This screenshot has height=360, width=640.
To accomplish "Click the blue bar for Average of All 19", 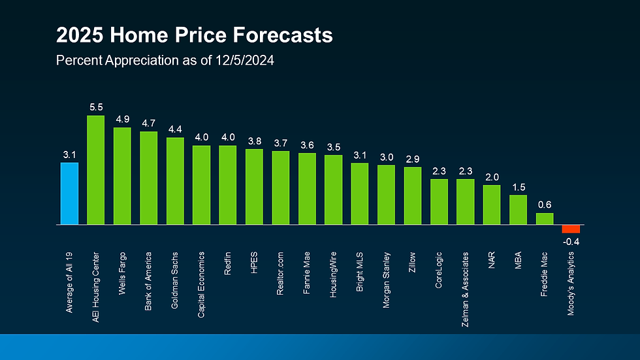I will tap(69, 193).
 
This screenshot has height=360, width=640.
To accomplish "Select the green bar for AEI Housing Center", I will tap(96, 170).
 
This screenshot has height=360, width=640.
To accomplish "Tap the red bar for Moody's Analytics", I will tap(571, 229).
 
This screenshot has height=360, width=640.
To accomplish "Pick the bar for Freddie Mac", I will tap(545, 218).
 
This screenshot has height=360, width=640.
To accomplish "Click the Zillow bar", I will tap(413, 195).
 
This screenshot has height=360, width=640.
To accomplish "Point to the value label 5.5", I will tap(96, 105).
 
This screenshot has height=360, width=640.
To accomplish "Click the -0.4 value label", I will tap(571, 242).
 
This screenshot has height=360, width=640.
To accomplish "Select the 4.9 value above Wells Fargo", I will tap(122, 119).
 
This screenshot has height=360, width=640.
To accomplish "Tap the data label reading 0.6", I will tap(545, 204).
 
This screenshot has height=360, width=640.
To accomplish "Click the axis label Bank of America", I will tap(149, 281).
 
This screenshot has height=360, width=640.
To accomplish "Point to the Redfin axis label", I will tap(228, 263).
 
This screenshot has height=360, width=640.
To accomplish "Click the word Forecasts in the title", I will tap(281, 35).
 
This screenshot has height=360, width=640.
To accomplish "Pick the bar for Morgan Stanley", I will tap(386, 195).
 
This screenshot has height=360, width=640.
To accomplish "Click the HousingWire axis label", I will tap(333, 274).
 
